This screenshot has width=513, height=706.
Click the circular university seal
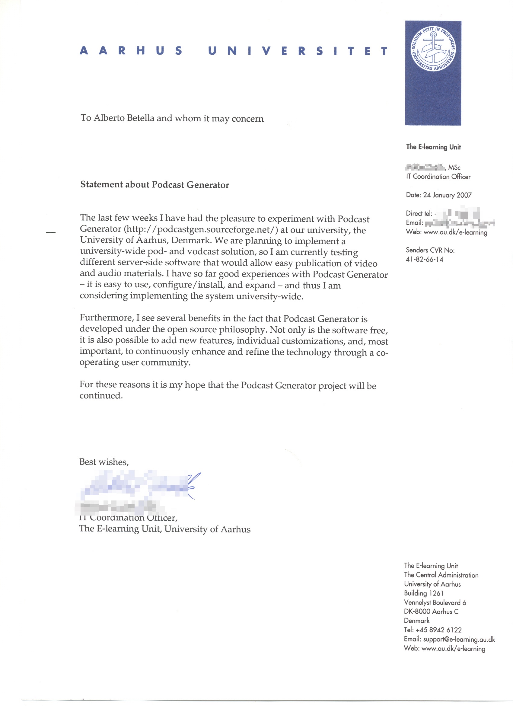pyautogui.click(x=433, y=49)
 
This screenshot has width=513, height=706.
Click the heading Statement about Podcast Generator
pyautogui.click(x=155, y=185)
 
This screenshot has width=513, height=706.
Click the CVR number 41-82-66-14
pyautogui.click(x=424, y=259)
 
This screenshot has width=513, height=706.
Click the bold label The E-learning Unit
pyautogui.click(x=433, y=147)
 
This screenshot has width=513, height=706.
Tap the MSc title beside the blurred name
pyautogui.click(x=454, y=168)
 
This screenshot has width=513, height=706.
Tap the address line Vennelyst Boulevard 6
pyautogui.click(x=435, y=602)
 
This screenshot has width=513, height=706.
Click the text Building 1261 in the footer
pyautogui.click(x=423, y=593)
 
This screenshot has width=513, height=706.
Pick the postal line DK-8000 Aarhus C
pyautogui.click(x=431, y=611)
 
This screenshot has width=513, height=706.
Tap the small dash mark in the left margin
pyautogui.click(x=50, y=232)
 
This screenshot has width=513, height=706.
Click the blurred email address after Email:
pyautogui.click(x=460, y=223)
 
